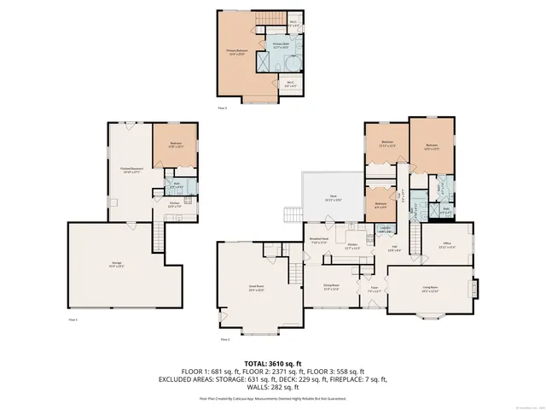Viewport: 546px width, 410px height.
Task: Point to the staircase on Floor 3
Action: (x=272, y=20)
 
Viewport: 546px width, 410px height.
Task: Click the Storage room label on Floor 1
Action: (x=117, y=263)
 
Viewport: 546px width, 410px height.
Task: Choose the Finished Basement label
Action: (x=130, y=169)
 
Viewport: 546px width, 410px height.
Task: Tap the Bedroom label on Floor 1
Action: (x=175, y=144)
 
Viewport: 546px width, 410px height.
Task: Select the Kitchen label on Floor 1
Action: (x=174, y=204)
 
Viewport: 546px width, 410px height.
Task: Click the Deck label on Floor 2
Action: (x=334, y=198)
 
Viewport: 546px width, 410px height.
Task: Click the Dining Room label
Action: (x=331, y=286)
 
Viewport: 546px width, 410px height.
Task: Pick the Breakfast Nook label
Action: (x=320, y=242)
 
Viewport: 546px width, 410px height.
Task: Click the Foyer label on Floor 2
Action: (x=373, y=289)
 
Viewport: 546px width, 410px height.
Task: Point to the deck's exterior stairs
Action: (x=292, y=214)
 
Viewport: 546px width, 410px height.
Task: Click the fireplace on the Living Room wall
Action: (x=476, y=289)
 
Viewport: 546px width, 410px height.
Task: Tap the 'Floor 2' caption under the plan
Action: (x=225, y=339)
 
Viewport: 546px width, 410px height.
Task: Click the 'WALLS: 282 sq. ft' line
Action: (x=272, y=387)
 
